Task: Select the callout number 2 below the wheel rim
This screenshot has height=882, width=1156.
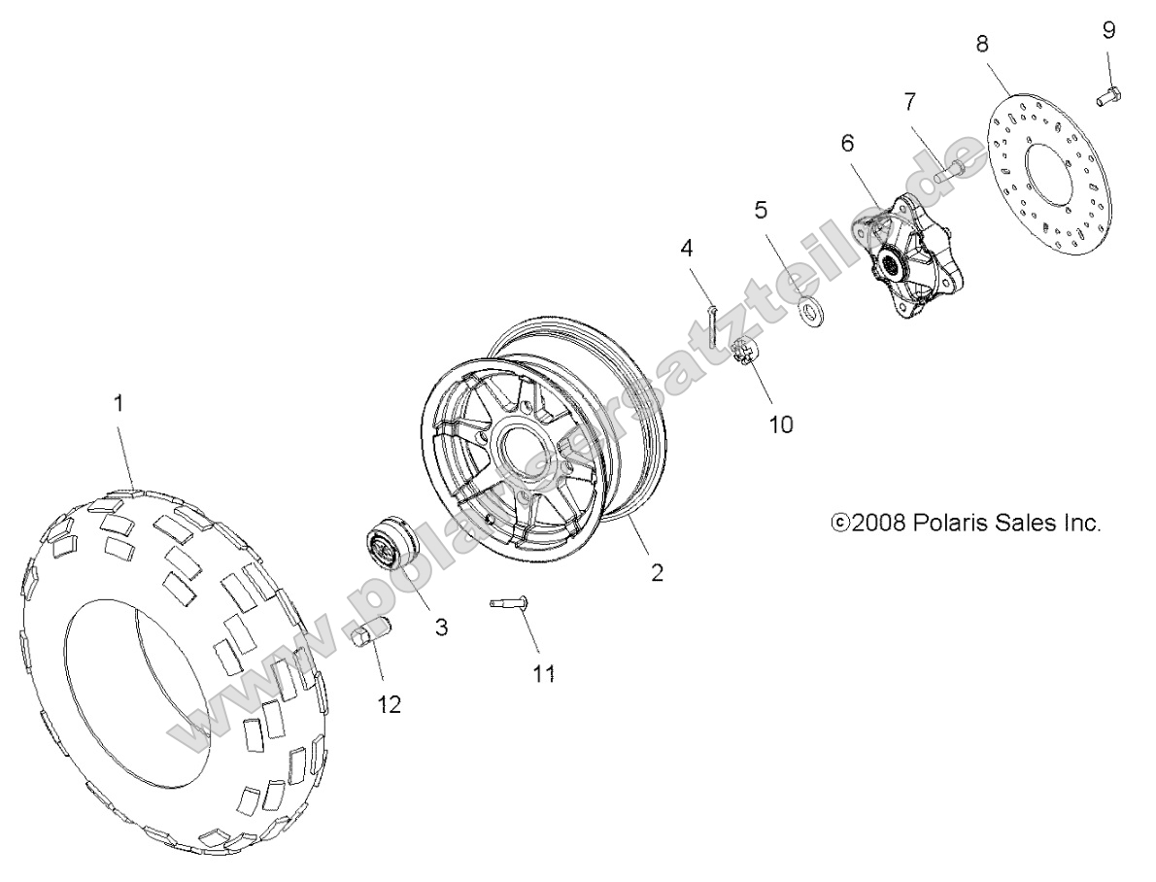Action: (x=657, y=572)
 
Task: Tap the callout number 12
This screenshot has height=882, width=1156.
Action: (x=390, y=705)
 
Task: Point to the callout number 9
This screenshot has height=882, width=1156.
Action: (x=1108, y=30)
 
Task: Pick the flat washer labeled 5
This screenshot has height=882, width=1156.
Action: (x=809, y=311)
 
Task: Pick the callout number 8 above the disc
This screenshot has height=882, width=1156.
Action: (x=982, y=42)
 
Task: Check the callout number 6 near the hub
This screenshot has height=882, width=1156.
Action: (x=846, y=143)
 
